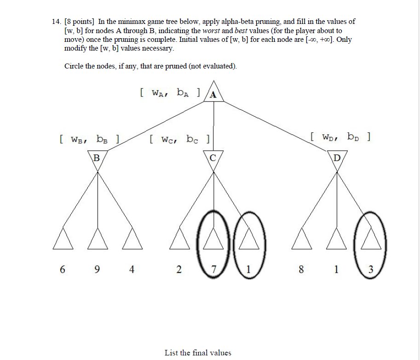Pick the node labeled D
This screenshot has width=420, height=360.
coord(337,159)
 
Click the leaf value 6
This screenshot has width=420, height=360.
coord(62,270)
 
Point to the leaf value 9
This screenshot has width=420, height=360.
coord(97,270)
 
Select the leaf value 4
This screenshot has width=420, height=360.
coord(132,270)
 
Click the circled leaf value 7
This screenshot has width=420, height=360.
coord(213,270)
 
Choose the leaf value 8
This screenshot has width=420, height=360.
coord(301,270)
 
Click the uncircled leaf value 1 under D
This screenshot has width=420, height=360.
coord(336,270)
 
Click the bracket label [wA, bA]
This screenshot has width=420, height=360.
coord(170,93)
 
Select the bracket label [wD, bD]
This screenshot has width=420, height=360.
coord(340,137)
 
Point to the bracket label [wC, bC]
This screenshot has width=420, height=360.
coord(180,138)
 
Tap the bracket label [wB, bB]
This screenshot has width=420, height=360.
coord(90,138)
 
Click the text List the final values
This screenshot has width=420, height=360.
coord(198,353)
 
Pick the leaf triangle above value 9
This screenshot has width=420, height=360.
coord(97,240)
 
